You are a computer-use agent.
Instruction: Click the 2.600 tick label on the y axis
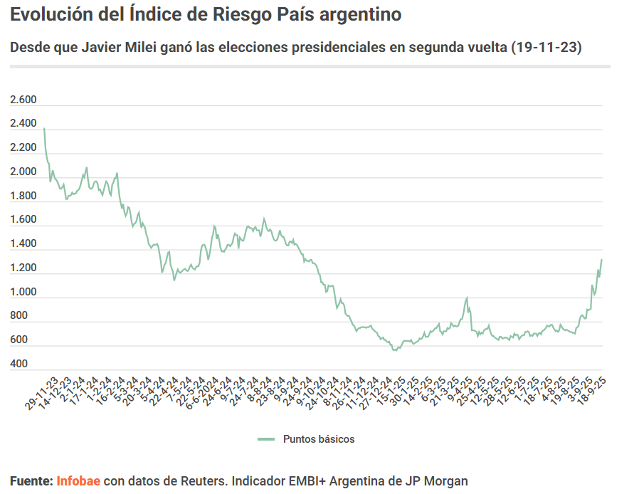click(23, 100)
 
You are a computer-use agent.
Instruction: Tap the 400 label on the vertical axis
click(19, 364)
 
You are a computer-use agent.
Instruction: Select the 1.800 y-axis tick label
click(23, 196)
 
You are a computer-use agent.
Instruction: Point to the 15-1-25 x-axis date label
click(393, 394)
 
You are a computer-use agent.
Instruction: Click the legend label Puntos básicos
click(319, 439)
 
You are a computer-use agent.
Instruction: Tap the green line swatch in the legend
click(266, 439)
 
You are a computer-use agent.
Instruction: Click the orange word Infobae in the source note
click(78, 481)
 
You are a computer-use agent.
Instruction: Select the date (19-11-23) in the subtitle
click(546, 48)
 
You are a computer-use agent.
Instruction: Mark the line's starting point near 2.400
click(44, 128)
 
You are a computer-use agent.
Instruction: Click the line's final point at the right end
click(601, 260)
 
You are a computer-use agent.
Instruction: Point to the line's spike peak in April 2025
click(467, 298)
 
